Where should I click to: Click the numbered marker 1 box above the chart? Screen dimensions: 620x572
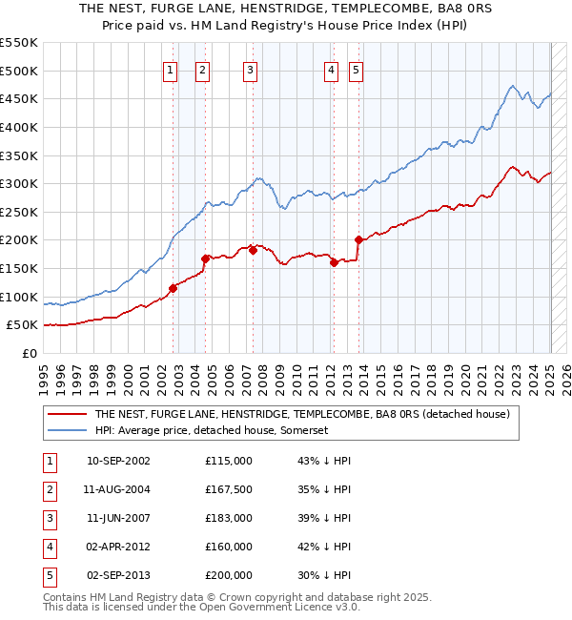pos(169,69)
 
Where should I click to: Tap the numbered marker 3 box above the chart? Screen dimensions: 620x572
pos(249,69)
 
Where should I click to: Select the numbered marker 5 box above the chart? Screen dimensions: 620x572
pos(356,69)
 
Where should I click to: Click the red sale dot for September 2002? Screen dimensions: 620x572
pos(174,288)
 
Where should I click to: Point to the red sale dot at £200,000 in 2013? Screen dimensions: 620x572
pos(358,240)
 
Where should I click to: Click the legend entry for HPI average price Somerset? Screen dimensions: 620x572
pos(212,430)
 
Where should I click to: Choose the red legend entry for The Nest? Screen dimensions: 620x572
pos(303,415)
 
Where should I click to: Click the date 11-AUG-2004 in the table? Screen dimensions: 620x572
pos(118,489)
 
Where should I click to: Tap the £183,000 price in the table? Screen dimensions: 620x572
pos(229,518)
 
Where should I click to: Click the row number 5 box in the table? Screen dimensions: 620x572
pos(49,575)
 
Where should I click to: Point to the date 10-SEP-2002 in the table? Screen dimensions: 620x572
pos(118,461)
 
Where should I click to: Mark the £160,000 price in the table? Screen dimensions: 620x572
pos(229,547)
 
